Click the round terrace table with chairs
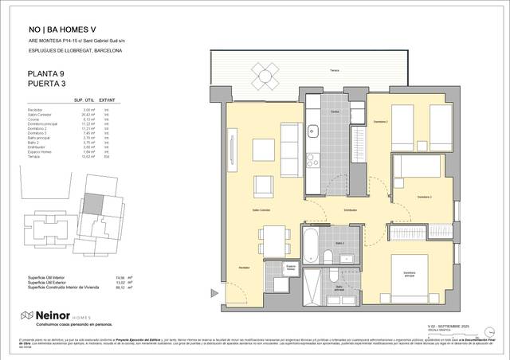(265, 77)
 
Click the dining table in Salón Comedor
(273, 237)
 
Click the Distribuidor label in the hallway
(350, 209)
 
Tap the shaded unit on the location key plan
(95, 204)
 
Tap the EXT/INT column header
(116, 100)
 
